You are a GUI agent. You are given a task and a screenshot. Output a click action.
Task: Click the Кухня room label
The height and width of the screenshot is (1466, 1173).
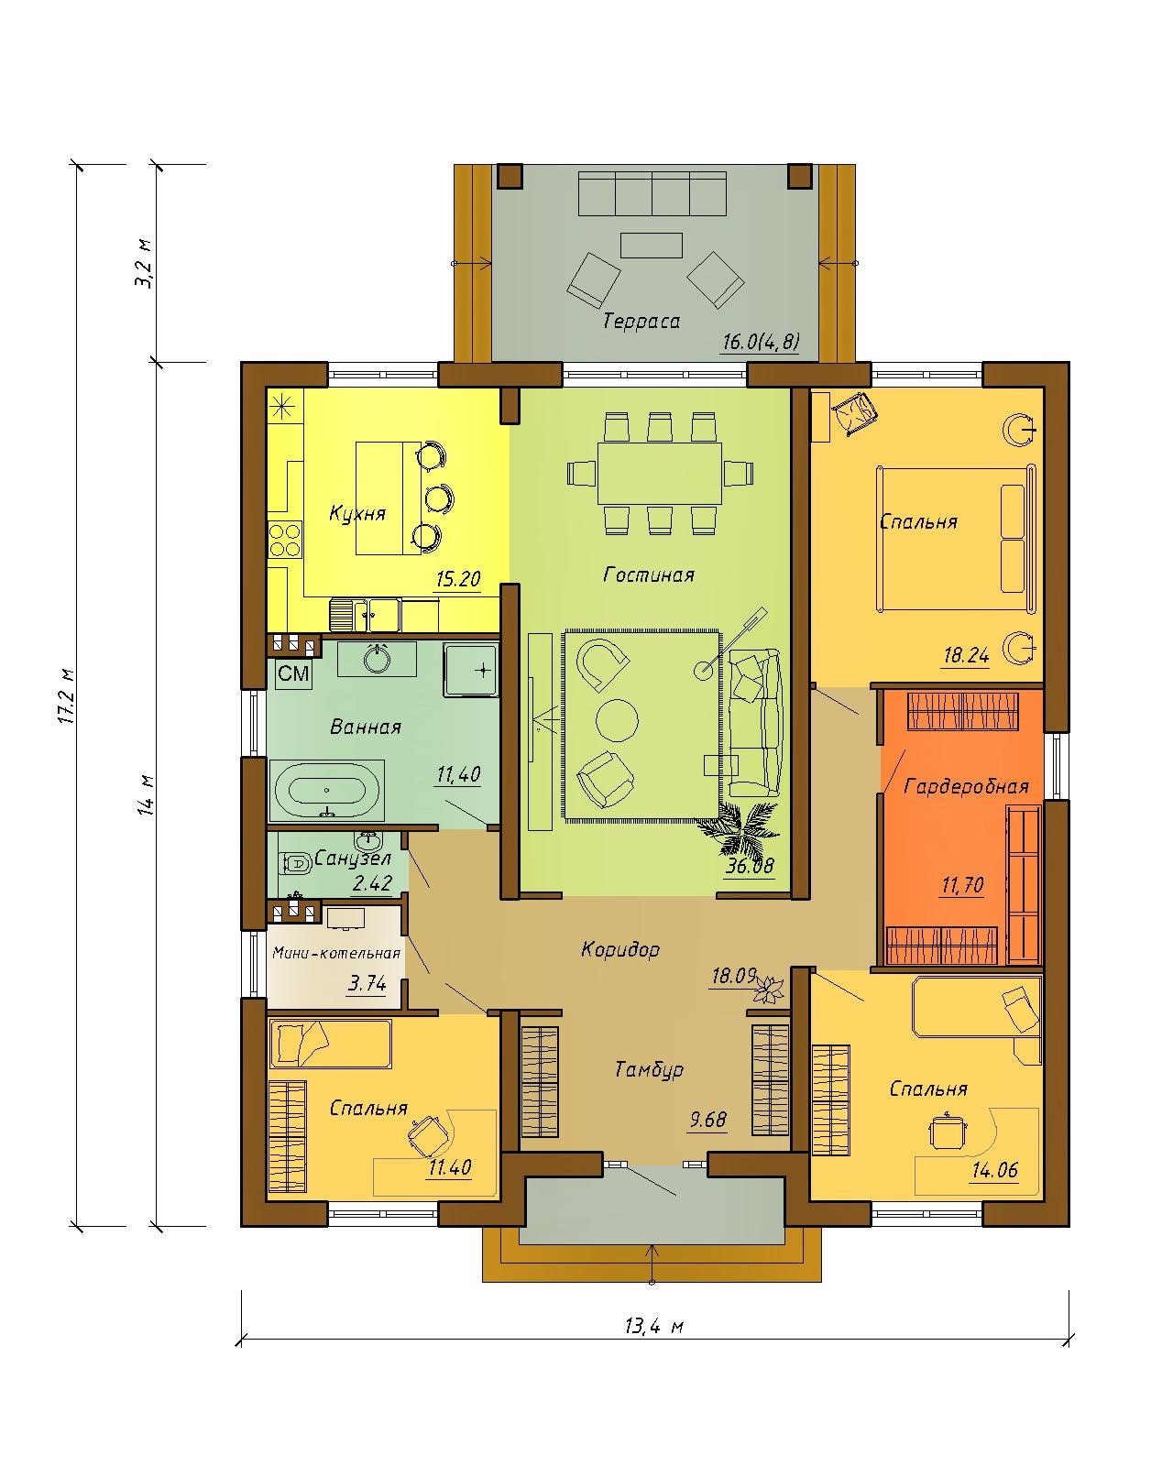(x=357, y=514)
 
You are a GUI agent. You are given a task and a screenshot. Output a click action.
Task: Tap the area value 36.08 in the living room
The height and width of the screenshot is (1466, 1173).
(x=749, y=866)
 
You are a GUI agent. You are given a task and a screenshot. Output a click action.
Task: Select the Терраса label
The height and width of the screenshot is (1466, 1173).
(x=641, y=321)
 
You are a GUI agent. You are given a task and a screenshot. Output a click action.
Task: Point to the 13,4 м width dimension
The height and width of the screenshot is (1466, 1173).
(x=654, y=1327)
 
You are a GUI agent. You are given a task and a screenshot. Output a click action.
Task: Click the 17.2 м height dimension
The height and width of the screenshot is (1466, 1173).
(x=67, y=695)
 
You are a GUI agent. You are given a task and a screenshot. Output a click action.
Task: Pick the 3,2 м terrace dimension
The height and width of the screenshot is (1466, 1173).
(x=145, y=264)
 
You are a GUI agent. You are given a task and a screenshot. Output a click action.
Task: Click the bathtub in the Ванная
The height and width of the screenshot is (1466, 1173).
(x=327, y=790)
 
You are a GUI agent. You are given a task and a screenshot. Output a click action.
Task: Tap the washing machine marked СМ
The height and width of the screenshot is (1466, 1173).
(x=294, y=673)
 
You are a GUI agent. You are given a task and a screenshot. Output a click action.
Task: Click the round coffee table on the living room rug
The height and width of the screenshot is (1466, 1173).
(x=618, y=720)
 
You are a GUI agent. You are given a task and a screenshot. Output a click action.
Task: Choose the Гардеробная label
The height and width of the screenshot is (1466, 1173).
(x=966, y=787)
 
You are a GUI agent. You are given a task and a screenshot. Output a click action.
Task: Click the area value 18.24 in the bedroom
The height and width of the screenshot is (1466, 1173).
(x=967, y=655)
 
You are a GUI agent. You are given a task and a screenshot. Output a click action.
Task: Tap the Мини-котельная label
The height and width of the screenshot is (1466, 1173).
(x=336, y=952)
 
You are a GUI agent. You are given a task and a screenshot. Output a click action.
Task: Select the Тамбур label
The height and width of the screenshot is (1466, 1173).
(x=649, y=1070)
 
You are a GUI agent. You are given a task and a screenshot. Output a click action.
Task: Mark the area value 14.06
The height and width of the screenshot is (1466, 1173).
(x=995, y=1170)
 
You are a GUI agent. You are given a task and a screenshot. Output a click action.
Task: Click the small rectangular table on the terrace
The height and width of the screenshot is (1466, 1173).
(x=652, y=246)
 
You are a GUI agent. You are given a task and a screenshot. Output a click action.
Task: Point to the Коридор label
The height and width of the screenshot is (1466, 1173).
(x=620, y=949)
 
